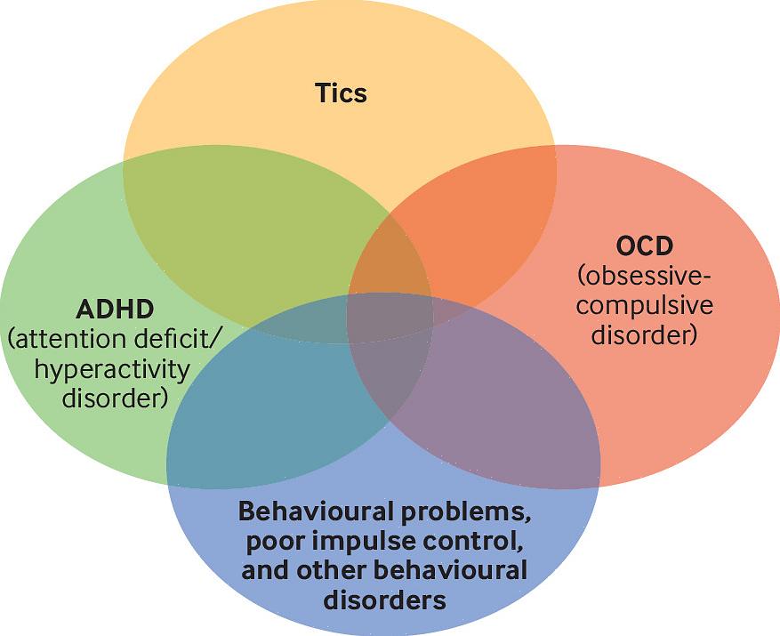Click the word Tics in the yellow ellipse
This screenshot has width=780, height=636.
click(341, 93)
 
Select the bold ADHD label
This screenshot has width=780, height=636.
click(115, 310)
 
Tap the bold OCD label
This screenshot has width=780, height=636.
click(645, 245)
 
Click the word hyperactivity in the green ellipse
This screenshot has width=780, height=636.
click(112, 368)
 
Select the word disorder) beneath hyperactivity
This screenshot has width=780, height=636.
click(115, 398)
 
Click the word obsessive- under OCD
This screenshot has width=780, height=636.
click(645, 275)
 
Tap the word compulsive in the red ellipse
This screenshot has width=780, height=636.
click(645, 305)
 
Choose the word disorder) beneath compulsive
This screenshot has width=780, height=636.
click(645, 335)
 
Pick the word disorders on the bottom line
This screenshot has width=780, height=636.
click(384, 600)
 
